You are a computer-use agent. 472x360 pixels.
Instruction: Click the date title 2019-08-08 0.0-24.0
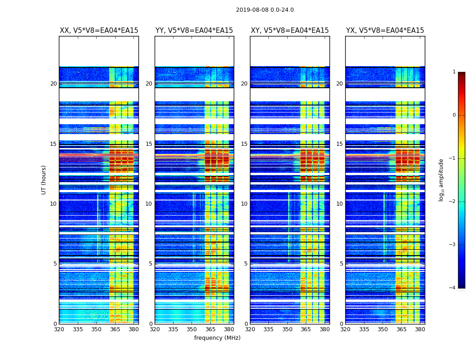(x=265, y=10)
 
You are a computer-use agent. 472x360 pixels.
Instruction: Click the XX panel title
(x=99, y=31)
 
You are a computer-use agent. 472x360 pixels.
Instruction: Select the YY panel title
(x=194, y=31)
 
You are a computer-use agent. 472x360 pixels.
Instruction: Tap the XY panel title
(x=289, y=31)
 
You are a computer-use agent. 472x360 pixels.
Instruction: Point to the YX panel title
(x=385, y=31)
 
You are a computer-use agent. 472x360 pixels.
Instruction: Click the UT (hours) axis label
(x=44, y=180)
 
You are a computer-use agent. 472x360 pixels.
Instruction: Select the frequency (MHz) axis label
(x=217, y=338)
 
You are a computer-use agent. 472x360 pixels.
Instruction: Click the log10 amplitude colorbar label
(x=441, y=180)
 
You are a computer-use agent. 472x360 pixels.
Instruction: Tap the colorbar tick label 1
(x=454, y=72)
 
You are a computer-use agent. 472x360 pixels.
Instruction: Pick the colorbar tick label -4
(x=453, y=288)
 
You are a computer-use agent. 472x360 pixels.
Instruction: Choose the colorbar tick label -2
(x=453, y=202)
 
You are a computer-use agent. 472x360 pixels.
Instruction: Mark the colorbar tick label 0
(x=454, y=115)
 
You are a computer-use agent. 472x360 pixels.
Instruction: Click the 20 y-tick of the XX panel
(x=53, y=84)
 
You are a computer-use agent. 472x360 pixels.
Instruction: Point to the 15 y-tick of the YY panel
(x=149, y=144)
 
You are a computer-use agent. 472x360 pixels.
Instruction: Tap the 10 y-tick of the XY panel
(x=244, y=204)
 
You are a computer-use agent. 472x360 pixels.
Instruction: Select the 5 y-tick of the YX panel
(x=341, y=264)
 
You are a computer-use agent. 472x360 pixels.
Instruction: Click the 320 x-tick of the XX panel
(x=59, y=329)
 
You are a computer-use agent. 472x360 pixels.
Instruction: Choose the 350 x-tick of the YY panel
(x=192, y=329)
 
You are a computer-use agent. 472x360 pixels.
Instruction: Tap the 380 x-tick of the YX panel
(x=420, y=329)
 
